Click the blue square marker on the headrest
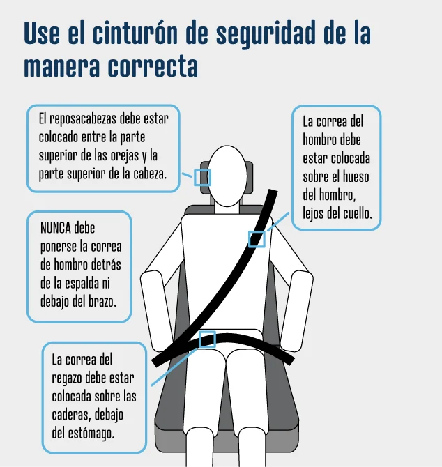pyautogui.click(x=202, y=177)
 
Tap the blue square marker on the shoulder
pyautogui.click(x=257, y=239)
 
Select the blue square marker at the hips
pyautogui.click(x=207, y=339)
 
